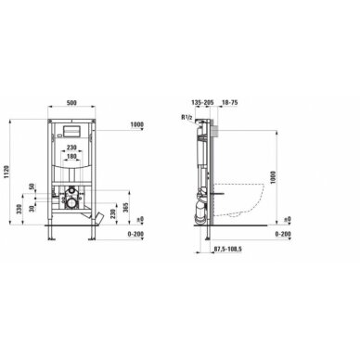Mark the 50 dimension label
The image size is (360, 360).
34,189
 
